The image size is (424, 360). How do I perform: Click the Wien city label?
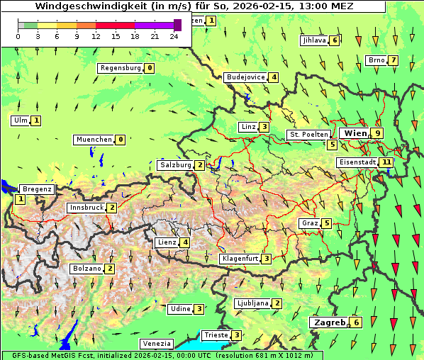tap(356, 133)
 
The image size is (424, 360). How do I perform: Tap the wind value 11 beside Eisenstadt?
tap(386, 162)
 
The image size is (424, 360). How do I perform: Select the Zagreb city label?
tap(330, 322)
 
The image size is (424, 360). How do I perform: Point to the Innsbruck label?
tap(87, 208)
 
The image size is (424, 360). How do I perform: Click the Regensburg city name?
tap(121, 68)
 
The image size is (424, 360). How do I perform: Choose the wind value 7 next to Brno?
tap(393, 60)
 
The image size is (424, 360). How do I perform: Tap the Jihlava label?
tap(313, 40)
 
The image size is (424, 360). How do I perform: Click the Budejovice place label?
tap(245, 77)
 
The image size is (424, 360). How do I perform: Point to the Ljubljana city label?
tap(252, 303)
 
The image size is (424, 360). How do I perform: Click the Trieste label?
tap(216, 335)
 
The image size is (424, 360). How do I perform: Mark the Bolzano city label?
tap(87, 269)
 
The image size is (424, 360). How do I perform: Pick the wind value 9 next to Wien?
tap(379, 133)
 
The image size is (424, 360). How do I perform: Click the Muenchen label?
tap(94, 140)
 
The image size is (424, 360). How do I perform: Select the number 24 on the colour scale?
tap(174, 36)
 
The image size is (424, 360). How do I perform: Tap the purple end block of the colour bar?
tap(177, 25)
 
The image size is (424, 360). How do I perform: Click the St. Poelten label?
tap(308, 134)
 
